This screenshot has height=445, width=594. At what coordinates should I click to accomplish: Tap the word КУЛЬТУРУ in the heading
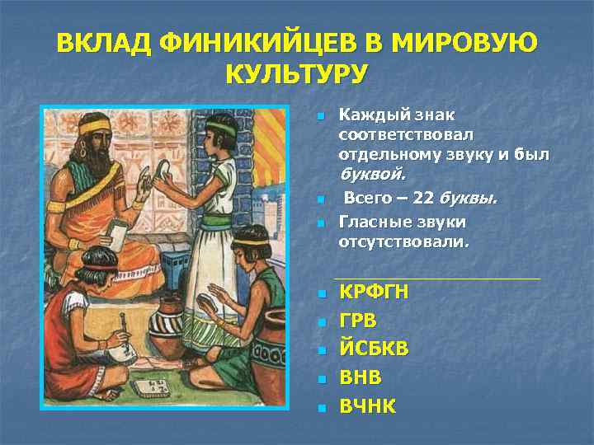pos(296,75)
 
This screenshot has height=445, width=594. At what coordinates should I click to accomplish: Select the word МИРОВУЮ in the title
pos(468,41)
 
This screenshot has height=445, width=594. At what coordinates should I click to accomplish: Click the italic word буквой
pos(372,175)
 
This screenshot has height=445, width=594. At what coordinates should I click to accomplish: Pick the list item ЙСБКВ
pos(374,349)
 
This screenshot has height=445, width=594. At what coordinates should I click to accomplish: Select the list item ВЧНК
pos(368,405)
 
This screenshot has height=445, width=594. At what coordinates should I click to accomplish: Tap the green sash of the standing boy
pos(216,220)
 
